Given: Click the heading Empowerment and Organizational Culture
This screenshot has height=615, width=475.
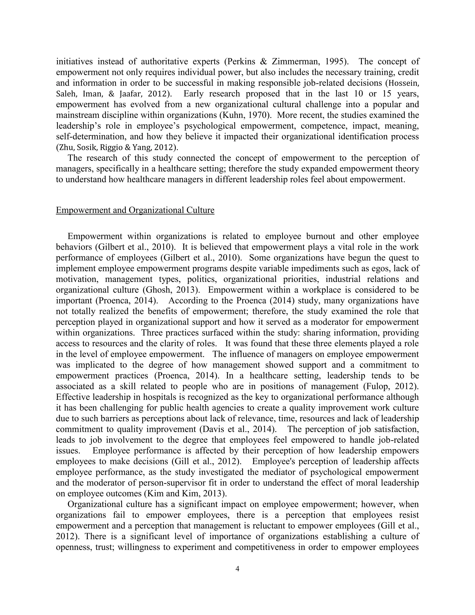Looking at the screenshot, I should point(135,210).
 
